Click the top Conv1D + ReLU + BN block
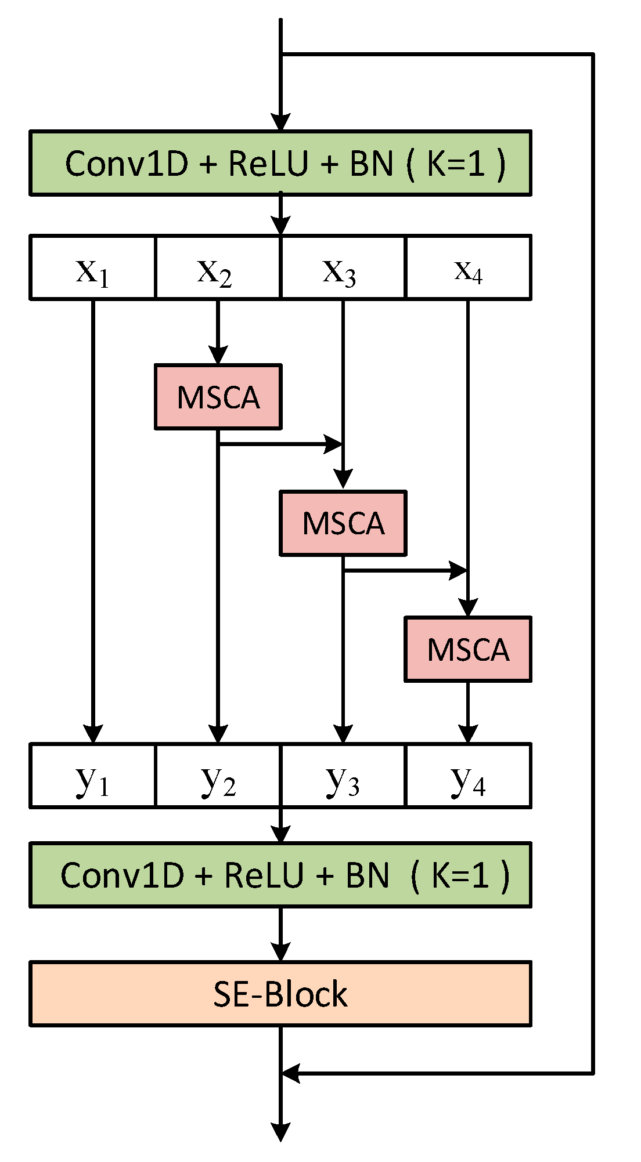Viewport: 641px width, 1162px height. click(280, 163)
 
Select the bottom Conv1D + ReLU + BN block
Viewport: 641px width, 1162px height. click(280, 875)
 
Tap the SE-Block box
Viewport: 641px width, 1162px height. click(280, 994)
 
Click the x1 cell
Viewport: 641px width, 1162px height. click(93, 268)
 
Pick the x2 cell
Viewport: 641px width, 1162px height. click(217, 268)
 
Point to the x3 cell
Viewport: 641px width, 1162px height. click(343, 268)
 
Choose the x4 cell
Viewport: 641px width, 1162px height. click(468, 268)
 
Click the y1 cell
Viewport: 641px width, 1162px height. click(93, 776)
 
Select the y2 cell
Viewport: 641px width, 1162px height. click(217, 776)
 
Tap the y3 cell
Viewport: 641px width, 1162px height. click(343, 776)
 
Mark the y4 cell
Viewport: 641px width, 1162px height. click(468, 776)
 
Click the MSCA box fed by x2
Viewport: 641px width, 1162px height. click(218, 397)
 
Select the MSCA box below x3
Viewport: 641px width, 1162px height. click(343, 523)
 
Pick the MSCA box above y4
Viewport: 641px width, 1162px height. click(468, 649)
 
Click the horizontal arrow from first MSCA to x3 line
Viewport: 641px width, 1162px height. click(279, 445)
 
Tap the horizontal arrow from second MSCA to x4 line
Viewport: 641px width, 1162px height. click(404, 571)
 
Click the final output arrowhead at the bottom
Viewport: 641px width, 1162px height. click(280, 1131)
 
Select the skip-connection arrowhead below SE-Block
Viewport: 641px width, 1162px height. click(290, 1073)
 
